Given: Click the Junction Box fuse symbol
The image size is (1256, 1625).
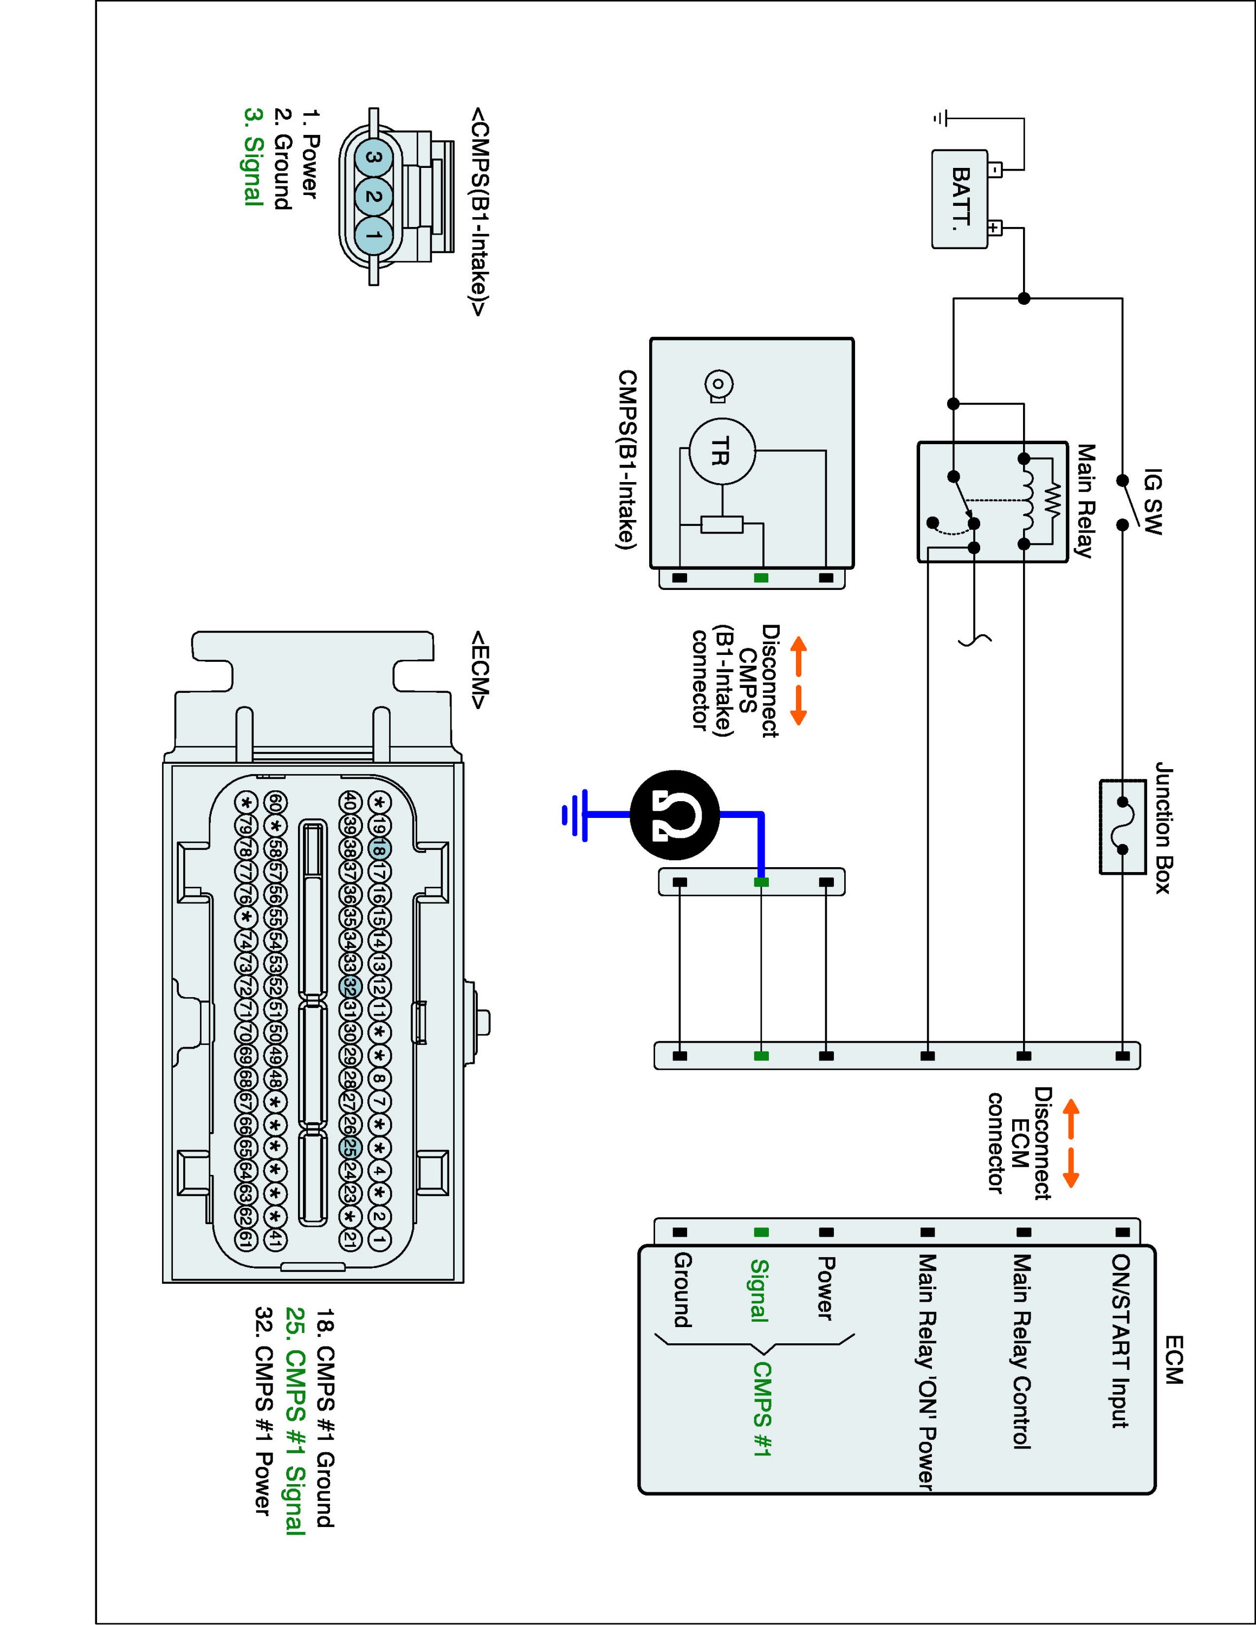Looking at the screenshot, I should pyautogui.click(x=1123, y=827).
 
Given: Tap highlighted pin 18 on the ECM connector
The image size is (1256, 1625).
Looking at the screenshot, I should pyautogui.click(x=379, y=848).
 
